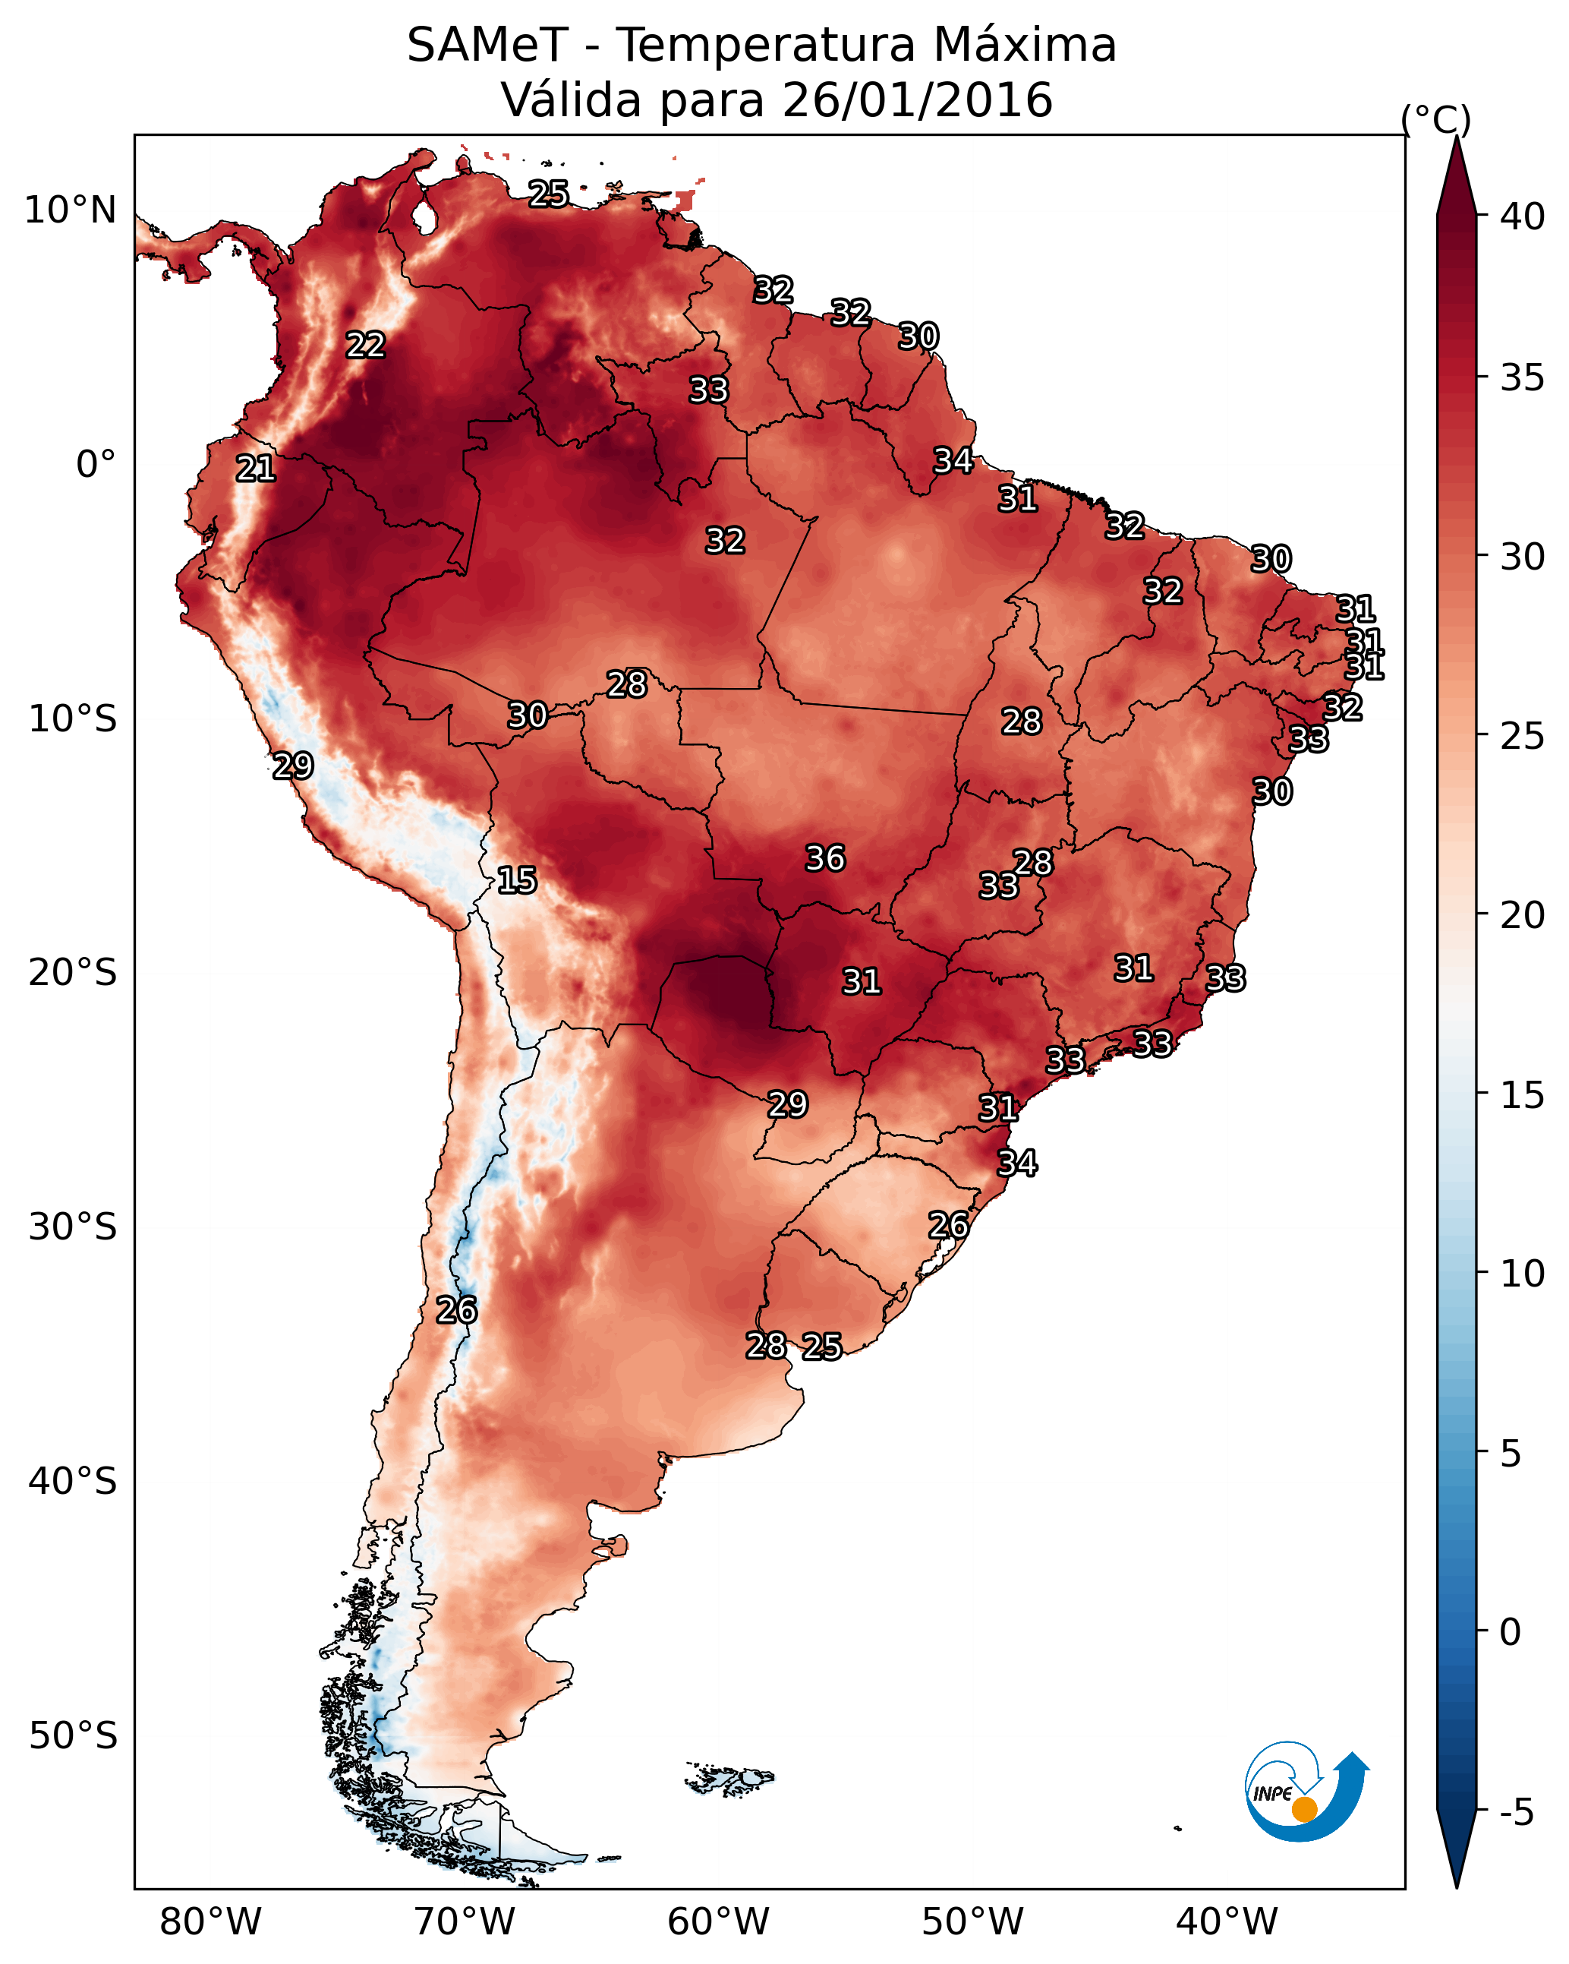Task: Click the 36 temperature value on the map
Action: click(x=825, y=858)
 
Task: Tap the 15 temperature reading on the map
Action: click(x=516, y=880)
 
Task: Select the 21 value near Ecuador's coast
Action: click(x=255, y=469)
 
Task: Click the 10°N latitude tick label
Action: click(x=70, y=210)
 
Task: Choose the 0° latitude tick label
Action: click(x=96, y=465)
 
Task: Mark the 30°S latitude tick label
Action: click(x=72, y=1227)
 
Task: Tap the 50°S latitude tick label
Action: click(x=72, y=1735)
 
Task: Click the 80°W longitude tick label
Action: click(x=210, y=1921)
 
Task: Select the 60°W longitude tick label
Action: click(x=719, y=1921)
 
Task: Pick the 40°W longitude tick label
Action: click(x=1227, y=1921)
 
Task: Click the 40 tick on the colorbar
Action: click(x=1523, y=216)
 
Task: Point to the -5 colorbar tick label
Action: click(x=1516, y=1813)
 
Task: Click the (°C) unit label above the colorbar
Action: click(x=1436, y=119)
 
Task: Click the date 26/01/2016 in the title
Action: click(x=917, y=99)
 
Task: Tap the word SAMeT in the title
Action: click(x=487, y=45)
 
